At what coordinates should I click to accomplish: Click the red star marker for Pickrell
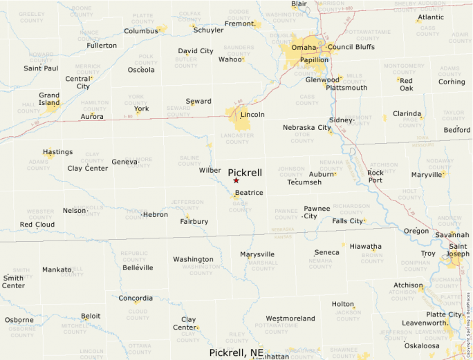pos(236,180)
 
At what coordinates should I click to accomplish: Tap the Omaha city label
pos(304,47)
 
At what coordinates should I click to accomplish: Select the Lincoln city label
pos(252,115)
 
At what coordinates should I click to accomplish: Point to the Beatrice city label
pos(249,192)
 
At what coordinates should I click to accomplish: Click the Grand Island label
pos(49,100)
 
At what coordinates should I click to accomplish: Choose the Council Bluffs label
pos(350,47)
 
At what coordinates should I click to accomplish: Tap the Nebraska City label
pos(306,127)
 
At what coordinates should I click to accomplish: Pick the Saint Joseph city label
pos(458,250)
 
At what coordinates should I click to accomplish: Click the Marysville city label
pos(257,254)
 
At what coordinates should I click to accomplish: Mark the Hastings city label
pos(57,152)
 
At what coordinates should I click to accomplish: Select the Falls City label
pos(347,221)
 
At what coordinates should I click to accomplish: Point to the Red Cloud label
pos(37,225)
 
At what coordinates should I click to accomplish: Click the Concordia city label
pos(136,299)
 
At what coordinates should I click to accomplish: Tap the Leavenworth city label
pos(424,323)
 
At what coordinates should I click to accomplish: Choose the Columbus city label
pos(141,31)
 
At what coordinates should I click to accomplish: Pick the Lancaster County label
pos(236,138)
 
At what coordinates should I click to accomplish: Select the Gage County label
pos(240,206)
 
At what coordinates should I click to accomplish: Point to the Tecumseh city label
pos(304,182)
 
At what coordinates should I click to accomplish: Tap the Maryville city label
pos(426,175)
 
